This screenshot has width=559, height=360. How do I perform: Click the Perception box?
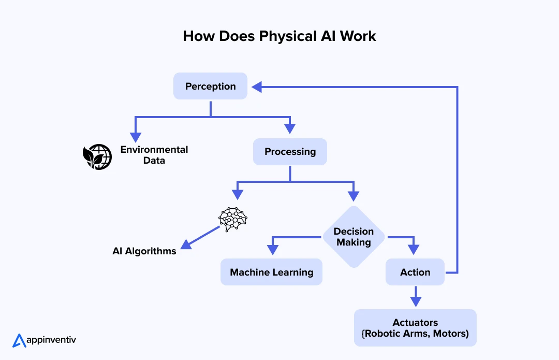(x=210, y=87)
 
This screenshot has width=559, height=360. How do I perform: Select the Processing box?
(x=290, y=152)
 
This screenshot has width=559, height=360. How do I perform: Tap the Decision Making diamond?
(x=354, y=237)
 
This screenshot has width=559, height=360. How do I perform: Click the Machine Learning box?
(x=271, y=272)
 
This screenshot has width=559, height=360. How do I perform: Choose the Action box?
(x=415, y=272)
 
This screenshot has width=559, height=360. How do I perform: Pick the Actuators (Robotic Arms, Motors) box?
(x=415, y=328)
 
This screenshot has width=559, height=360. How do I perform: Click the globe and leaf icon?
(x=97, y=157)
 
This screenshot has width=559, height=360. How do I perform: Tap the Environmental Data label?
(x=154, y=155)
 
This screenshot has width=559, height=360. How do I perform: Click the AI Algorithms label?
(x=144, y=251)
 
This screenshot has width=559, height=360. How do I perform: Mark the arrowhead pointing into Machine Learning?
(x=272, y=251)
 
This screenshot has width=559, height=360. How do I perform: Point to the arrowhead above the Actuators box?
(x=415, y=301)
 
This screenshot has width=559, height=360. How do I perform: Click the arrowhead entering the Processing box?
(x=290, y=129)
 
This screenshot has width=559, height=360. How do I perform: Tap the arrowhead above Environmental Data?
(x=136, y=137)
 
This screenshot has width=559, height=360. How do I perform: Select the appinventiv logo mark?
(x=19, y=340)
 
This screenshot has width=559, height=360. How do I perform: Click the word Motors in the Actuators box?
(x=450, y=334)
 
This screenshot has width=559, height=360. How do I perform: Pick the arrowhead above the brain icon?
(x=237, y=194)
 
